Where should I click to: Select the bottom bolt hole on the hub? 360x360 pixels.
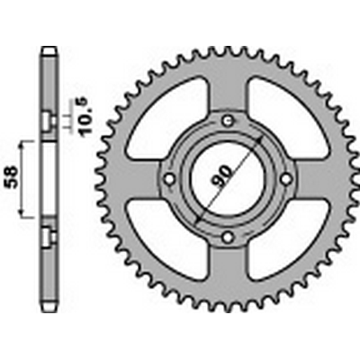coord(228,238)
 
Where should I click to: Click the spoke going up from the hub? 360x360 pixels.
coord(228,90)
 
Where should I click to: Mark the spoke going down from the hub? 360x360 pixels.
coord(228,270)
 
